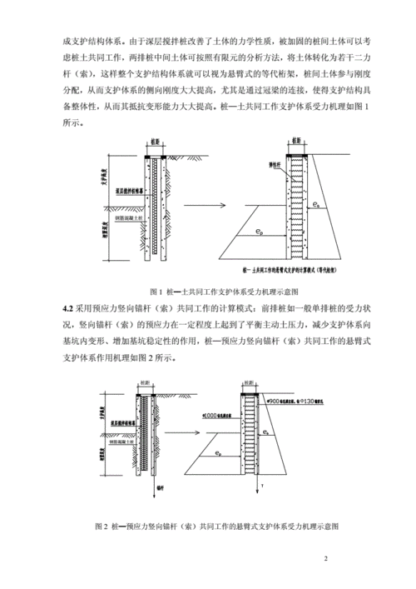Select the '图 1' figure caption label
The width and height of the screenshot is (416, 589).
pos(157,292)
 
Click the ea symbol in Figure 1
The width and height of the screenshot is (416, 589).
pos(315,203)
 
